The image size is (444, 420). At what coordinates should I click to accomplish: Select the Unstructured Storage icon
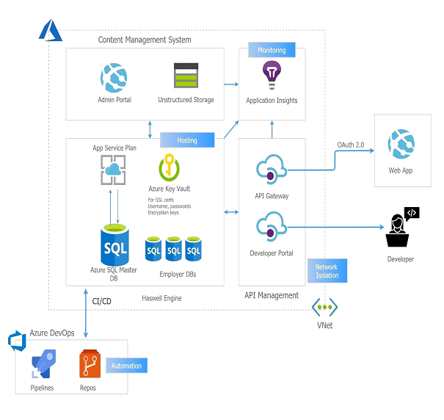pos(186,76)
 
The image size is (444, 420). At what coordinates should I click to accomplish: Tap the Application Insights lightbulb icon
pos(272,75)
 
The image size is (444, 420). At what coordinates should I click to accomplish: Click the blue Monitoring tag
pos(272,50)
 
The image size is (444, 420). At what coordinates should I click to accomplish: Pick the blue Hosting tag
pos(187,140)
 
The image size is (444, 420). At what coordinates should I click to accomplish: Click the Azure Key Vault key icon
pos(170,167)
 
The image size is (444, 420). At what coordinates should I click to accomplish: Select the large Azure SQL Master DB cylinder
pos(114,246)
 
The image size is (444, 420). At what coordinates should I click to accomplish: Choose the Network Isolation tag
pos(327,271)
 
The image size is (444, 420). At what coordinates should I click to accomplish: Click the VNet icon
pos(324,307)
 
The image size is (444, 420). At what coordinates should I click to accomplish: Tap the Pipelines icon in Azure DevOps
pos(42,365)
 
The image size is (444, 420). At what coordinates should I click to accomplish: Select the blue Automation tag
pos(125,365)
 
